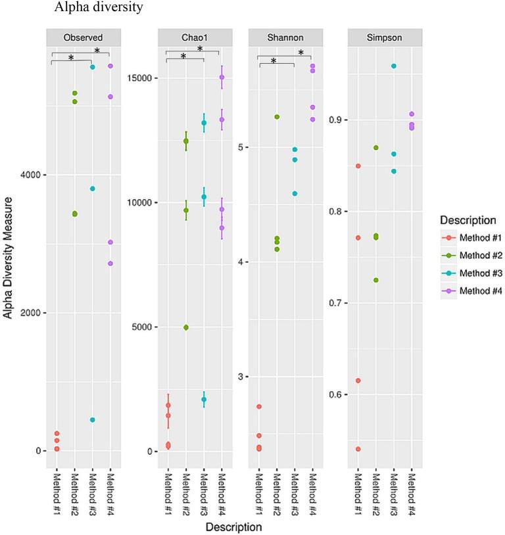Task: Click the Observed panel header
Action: tap(82, 37)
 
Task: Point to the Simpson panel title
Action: tap(385, 37)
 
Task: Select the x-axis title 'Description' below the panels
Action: tap(233, 526)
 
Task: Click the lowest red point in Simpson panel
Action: tap(358, 449)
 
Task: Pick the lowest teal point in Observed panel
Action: tap(93, 419)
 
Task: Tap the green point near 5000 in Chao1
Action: tap(186, 327)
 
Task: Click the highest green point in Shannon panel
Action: tap(277, 117)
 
